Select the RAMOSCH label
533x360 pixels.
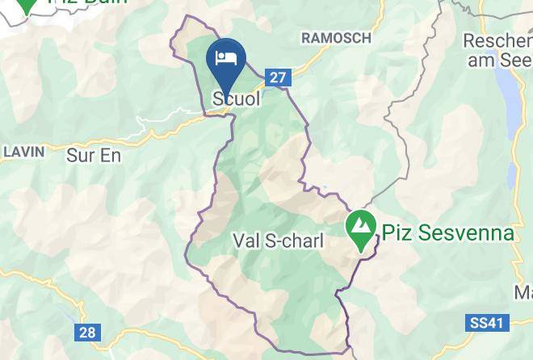(336, 38)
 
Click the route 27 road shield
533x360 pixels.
(278, 77)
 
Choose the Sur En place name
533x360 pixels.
(93, 156)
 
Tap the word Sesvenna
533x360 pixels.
(464, 233)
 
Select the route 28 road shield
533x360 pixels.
(87, 332)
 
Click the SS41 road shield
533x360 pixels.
(487, 323)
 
